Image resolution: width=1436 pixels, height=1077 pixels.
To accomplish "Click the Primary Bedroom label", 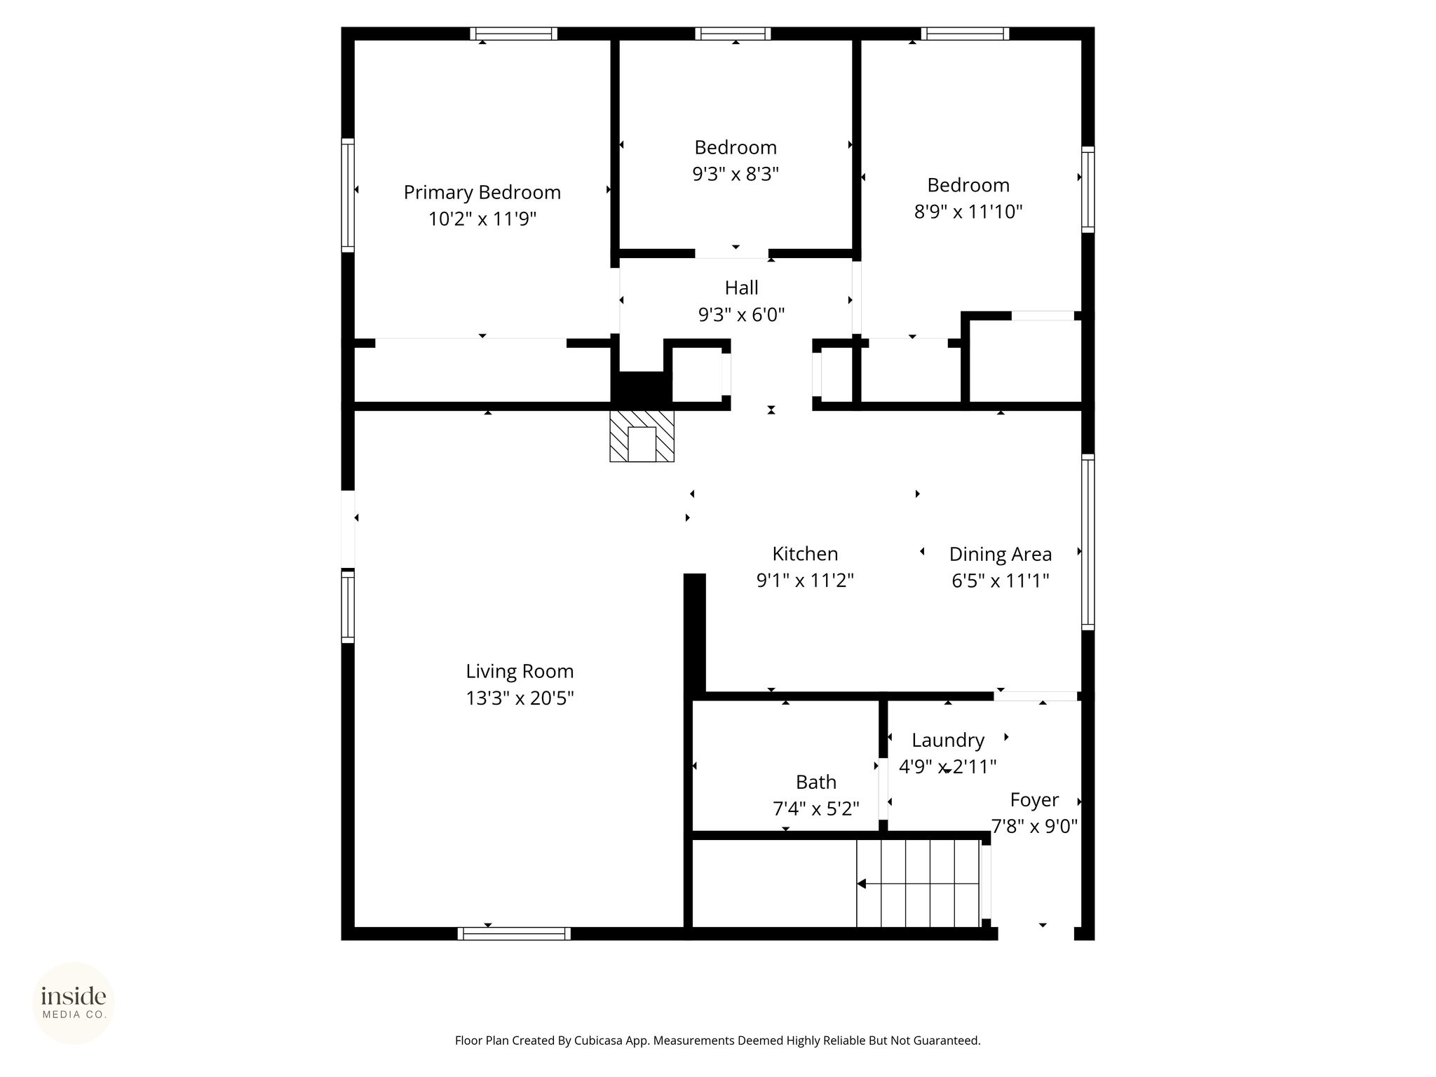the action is (482, 193).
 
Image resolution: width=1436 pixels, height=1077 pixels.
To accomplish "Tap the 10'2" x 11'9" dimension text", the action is (482, 219).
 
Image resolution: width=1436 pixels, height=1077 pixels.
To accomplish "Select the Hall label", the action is (741, 287).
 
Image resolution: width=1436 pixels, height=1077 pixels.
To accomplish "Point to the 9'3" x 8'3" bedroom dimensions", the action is (736, 174).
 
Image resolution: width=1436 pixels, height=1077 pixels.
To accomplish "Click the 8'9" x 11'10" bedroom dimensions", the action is (968, 212).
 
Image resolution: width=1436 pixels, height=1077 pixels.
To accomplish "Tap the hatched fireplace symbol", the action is (642, 435).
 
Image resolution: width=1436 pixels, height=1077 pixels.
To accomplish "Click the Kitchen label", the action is (805, 554).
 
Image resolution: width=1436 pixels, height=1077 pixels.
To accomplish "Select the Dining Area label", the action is (1001, 555).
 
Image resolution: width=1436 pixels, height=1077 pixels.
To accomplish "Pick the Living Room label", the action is (520, 672).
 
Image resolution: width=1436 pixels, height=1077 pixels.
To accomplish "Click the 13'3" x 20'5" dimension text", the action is (520, 698).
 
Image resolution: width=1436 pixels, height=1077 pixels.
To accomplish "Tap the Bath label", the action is (816, 782).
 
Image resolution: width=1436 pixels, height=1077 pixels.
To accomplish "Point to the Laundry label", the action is (948, 740).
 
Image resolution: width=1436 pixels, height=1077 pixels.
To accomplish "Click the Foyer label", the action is (1034, 800).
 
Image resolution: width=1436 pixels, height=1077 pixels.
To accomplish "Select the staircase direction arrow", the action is (918, 884).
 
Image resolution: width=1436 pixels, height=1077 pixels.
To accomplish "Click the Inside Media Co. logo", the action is (74, 1003).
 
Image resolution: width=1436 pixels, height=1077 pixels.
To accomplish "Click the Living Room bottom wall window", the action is (514, 934).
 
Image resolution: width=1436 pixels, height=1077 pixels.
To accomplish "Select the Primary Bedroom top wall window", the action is (514, 34).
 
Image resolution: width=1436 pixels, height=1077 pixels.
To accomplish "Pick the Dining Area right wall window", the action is (1088, 542).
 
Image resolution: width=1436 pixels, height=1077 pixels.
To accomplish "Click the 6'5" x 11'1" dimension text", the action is (1000, 581).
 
